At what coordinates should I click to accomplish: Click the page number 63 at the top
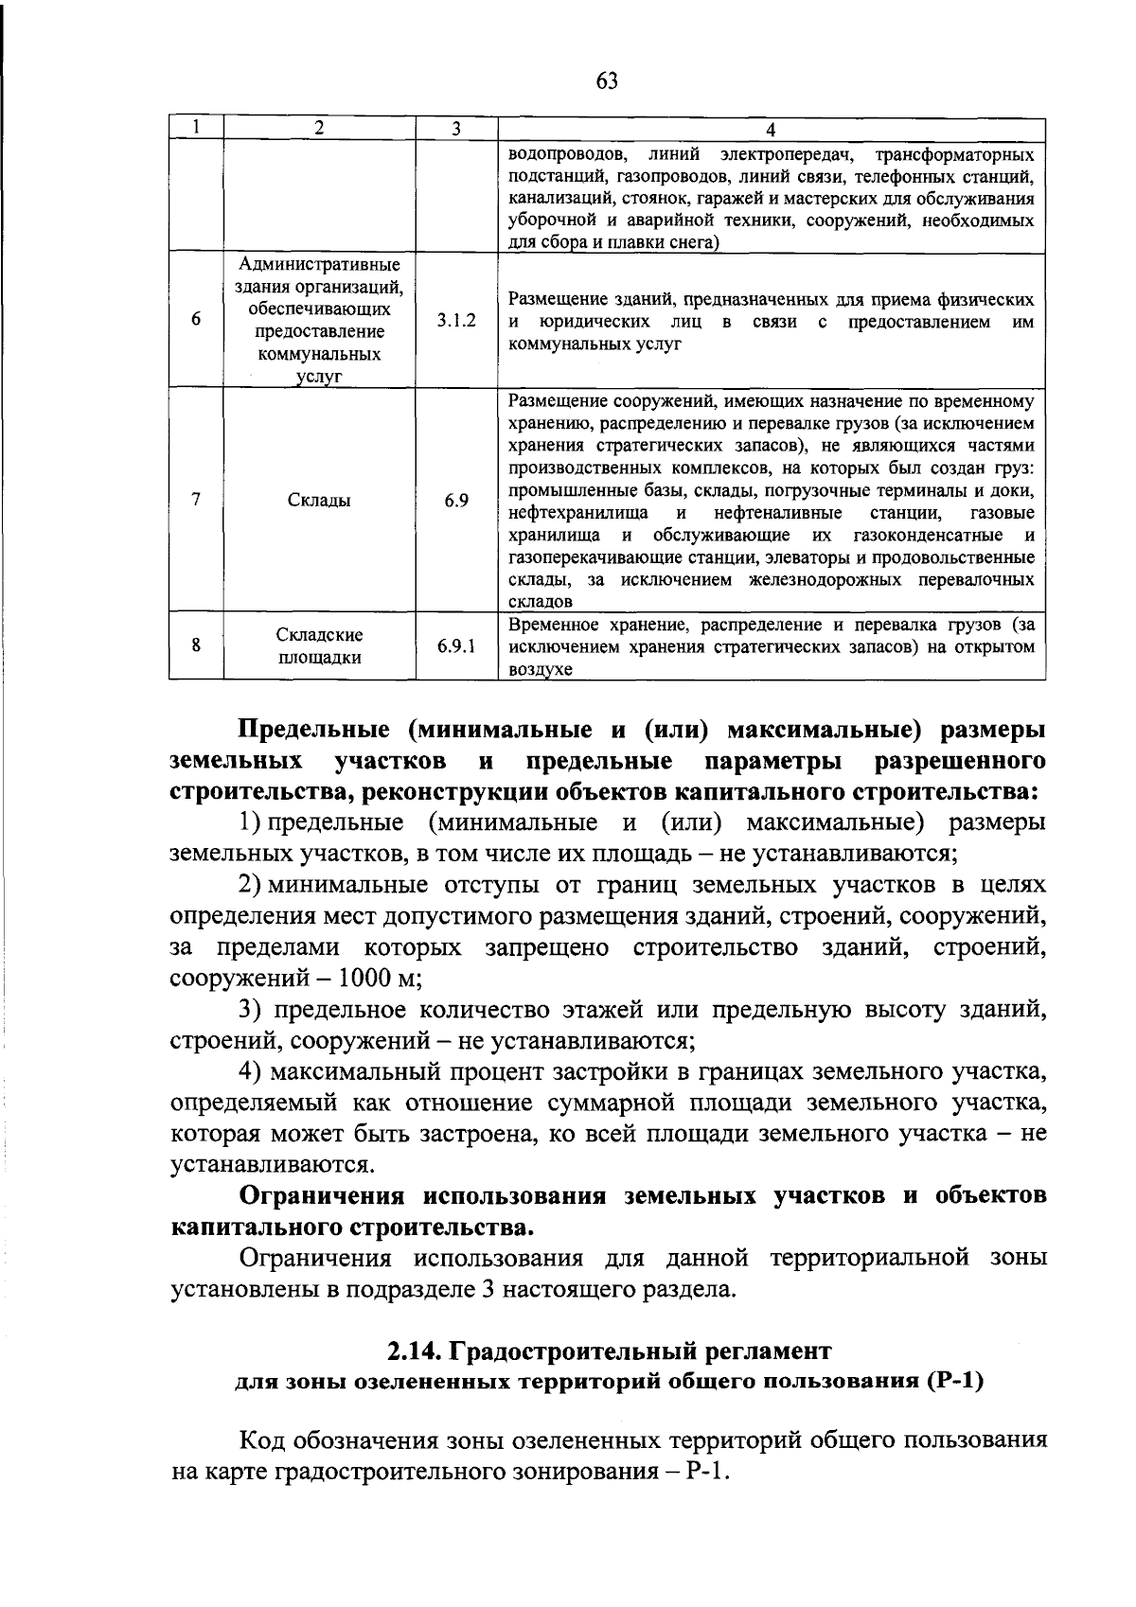607,81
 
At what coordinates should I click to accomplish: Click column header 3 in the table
456,129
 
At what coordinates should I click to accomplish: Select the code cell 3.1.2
456,321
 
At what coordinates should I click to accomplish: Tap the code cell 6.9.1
456,646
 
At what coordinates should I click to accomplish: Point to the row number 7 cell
196,500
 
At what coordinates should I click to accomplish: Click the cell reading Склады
319,501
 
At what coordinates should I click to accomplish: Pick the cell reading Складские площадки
319,646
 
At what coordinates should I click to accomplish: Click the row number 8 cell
196,646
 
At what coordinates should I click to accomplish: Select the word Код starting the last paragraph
262,1441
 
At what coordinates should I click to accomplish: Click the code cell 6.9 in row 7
456,501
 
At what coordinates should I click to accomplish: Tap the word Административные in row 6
319,263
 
